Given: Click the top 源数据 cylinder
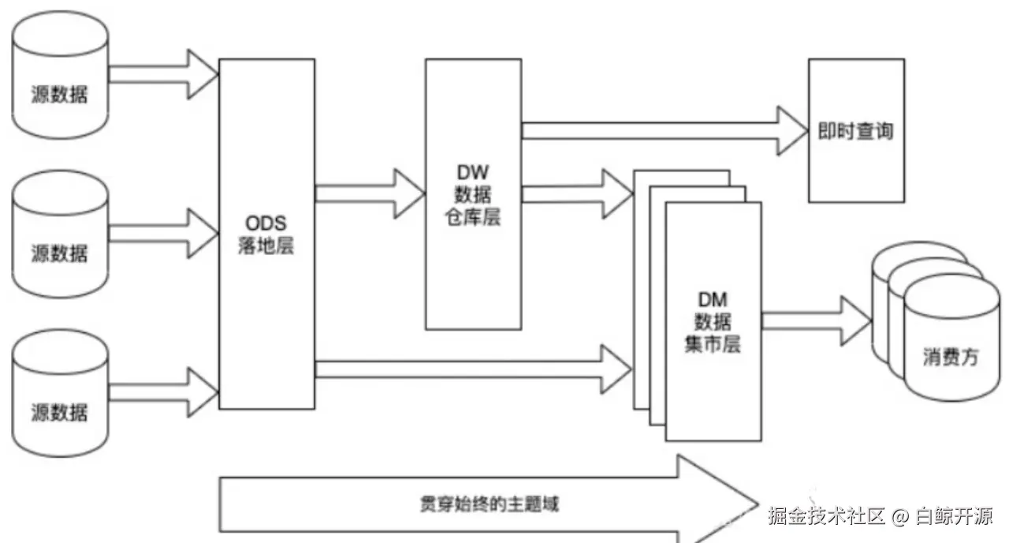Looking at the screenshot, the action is tap(60, 75).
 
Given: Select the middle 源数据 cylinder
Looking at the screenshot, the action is tap(60, 234).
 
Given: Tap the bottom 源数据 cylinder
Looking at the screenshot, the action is tap(60, 393).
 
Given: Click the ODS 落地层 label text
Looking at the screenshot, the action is tap(266, 234).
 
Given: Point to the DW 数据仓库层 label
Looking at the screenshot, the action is tap(473, 194).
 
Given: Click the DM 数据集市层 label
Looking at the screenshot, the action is tap(713, 322).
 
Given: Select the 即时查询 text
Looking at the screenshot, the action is tap(855, 131).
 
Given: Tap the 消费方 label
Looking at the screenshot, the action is tap(951, 357).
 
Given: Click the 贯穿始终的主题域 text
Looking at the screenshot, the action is tap(490, 504).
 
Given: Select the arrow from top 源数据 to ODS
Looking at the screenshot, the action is tap(164, 74).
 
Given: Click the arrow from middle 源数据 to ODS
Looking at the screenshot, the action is tap(164, 234).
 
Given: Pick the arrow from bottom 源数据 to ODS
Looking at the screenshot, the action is tap(164, 392).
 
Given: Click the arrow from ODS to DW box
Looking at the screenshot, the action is tap(370, 194).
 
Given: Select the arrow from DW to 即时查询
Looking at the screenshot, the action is tap(665, 131).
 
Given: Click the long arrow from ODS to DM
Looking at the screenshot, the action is tap(474, 369).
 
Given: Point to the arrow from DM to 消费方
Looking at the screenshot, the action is tap(817, 321).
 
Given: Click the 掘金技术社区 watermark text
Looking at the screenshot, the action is tap(827, 516).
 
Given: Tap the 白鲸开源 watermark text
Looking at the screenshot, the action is tap(954, 516).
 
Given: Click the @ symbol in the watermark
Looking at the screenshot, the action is tap(900, 516).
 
